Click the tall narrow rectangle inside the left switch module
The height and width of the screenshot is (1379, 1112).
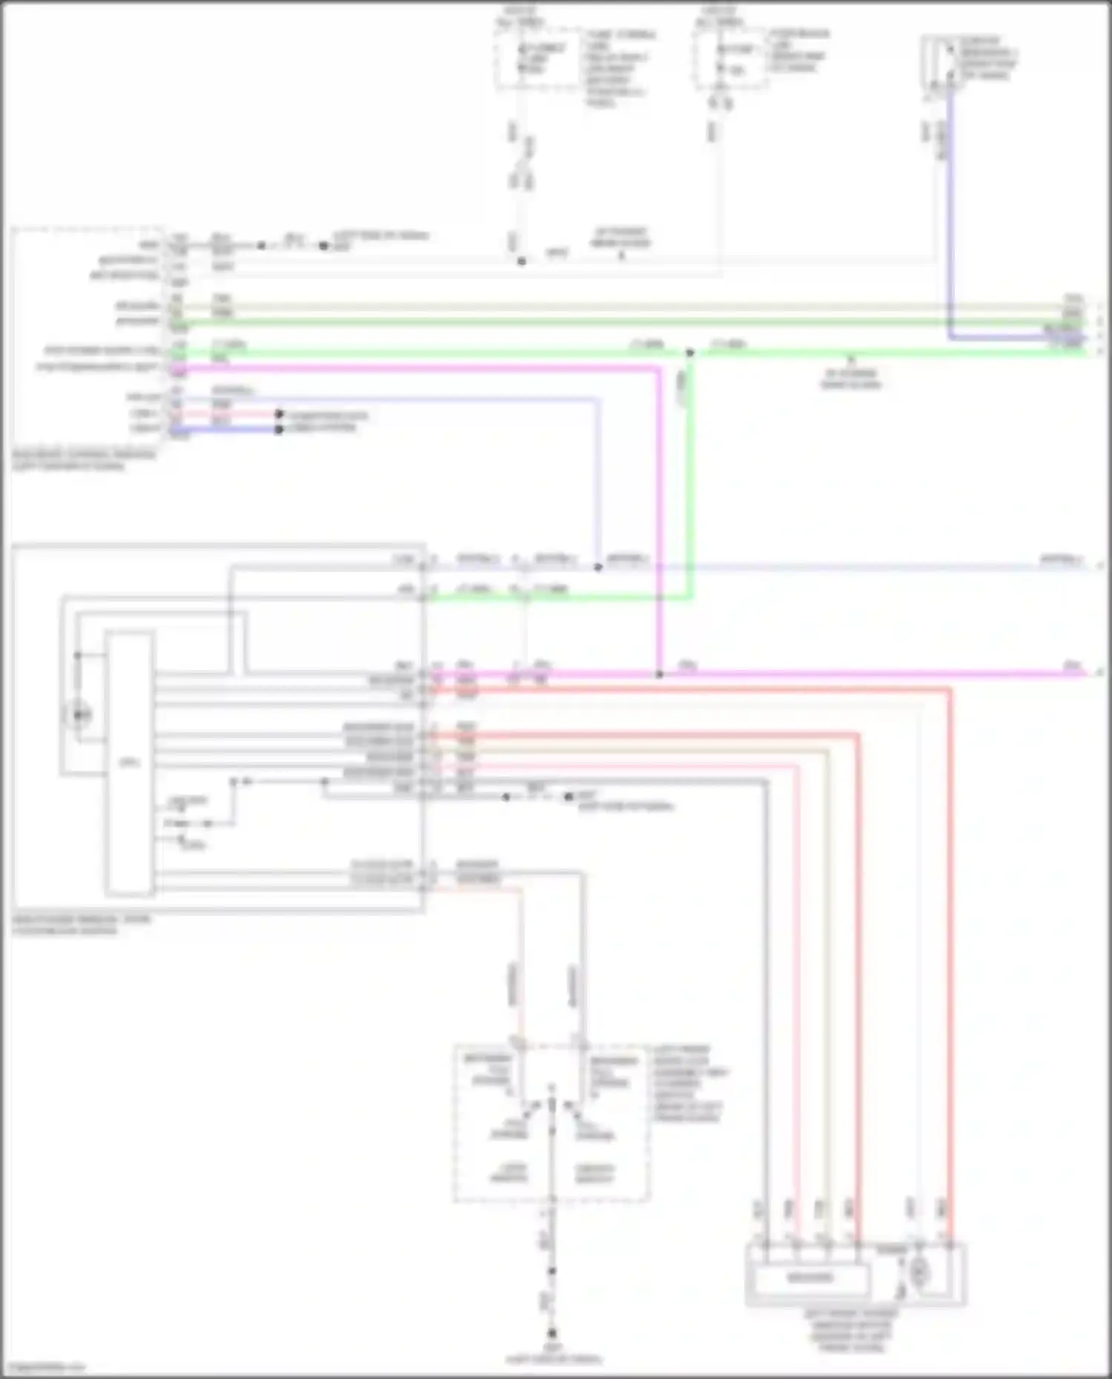point(130,763)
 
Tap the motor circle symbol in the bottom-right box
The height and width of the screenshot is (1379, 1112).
point(919,1272)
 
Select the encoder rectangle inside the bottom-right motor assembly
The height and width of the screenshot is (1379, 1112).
point(810,1277)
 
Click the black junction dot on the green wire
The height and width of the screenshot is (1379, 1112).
point(689,353)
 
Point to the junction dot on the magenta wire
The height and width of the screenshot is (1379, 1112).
point(659,674)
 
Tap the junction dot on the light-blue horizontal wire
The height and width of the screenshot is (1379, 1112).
point(598,568)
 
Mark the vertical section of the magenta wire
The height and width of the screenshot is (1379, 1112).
point(658,519)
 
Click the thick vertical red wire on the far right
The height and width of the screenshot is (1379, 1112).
point(950,963)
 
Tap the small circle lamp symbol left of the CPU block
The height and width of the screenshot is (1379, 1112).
point(80,715)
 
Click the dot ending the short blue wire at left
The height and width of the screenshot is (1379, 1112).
point(279,429)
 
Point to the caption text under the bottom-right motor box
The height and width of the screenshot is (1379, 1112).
point(853,1330)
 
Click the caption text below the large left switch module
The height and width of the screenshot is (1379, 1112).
point(82,924)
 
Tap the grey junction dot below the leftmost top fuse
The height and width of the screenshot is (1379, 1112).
point(521,261)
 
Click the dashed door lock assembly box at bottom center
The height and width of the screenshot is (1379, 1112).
point(552,1123)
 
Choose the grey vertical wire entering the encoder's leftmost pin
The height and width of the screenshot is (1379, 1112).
point(766,1000)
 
